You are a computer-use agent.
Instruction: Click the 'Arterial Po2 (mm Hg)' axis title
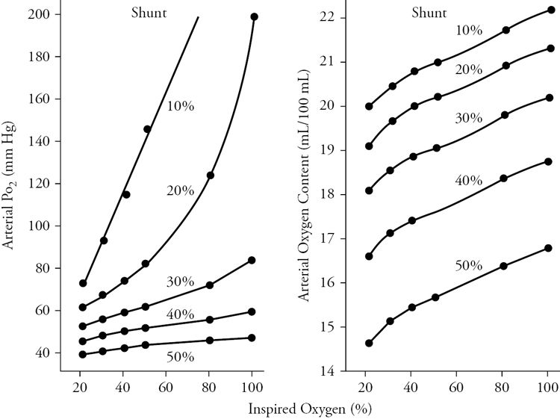point(13,187)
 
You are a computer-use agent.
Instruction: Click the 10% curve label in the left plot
point(181,106)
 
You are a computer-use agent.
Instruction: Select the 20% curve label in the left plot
point(181,190)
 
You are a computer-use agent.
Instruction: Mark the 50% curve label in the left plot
point(180,357)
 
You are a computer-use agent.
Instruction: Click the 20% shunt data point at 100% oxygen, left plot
point(255,16)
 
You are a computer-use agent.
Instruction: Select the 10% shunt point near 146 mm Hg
point(147,129)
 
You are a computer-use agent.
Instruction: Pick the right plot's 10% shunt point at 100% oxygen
point(551,10)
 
